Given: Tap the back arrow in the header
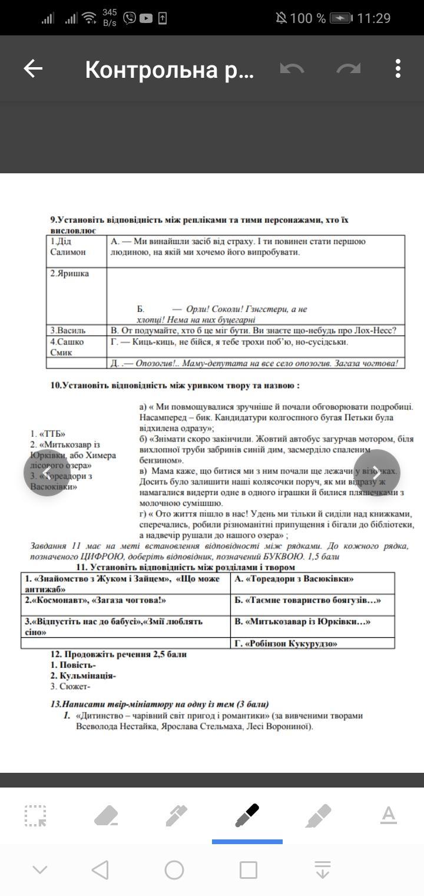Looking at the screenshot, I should (x=33, y=69).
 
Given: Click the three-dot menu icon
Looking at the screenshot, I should (x=398, y=69).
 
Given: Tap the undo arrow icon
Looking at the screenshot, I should (x=292, y=69).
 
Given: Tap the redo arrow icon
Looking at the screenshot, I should (x=349, y=69).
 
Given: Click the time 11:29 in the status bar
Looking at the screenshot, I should (x=373, y=18).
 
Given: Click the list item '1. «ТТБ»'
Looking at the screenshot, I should (x=48, y=433).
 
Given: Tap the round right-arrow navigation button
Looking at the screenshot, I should (x=377, y=472).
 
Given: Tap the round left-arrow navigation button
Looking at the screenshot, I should (x=47, y=472).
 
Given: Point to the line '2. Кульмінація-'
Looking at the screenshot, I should (x=83, y=676).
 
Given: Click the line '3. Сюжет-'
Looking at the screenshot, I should (x=70, y=686).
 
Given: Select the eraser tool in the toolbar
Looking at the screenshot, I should (x=106, y=816).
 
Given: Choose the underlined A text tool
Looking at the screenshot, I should (x=388, y=816).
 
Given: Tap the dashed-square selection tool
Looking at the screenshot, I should (x=35, y=816).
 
